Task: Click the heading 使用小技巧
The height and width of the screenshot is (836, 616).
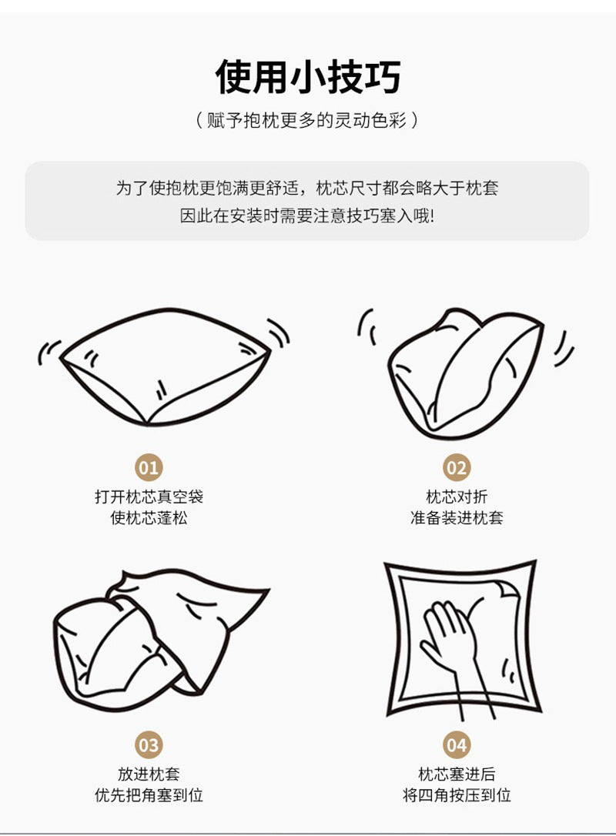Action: click(x=308, y=76)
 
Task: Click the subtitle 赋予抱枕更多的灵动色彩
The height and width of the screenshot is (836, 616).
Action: click(x=307, y=121)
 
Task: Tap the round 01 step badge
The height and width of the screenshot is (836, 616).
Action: click(x=149, y=467)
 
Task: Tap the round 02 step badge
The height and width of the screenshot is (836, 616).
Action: click(x=457, y=467)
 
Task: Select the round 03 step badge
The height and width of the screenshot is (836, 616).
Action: click(x=149, y=745)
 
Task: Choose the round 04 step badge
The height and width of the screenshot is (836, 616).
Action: click(x=457, y=745)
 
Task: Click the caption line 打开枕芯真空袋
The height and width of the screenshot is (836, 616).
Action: click(x=149, y=497)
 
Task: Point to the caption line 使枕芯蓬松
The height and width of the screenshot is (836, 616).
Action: click(x=149, y=518)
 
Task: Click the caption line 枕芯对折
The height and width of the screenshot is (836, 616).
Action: click(x=457, y=497)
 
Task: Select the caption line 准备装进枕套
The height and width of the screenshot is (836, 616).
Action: click(x=457, y=518)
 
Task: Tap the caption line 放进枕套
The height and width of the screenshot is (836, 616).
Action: click(x=149, y=774)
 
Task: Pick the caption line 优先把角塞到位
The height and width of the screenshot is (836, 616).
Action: click(x=149, y=795)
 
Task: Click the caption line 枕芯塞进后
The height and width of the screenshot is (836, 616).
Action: click(x=457, y=774)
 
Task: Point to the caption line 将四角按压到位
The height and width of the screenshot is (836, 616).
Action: click(x=457, y=795)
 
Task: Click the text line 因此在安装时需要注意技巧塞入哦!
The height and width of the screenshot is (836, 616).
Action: click(x=307, y=216)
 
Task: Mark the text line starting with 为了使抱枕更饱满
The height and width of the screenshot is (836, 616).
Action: click(x=307, y=188)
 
